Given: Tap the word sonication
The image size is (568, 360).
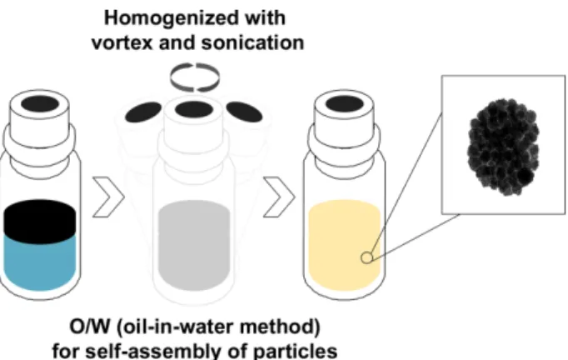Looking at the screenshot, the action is pos(253,42).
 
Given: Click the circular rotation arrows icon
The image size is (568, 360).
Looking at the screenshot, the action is pos(195,77).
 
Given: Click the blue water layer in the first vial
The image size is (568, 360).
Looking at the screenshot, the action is pos(40,262).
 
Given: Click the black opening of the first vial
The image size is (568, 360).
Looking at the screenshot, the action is pos(40,104).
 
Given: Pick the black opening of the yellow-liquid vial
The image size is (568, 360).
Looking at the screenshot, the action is pos(345,104).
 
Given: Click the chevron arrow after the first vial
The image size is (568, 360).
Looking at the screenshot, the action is pos(108,197).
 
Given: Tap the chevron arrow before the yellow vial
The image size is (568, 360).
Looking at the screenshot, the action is pos(279,197).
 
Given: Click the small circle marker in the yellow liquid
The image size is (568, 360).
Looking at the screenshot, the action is pos(367,257).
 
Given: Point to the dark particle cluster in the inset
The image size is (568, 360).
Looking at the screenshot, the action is pos(504,147).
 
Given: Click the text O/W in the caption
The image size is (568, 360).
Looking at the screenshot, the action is pos(89,327).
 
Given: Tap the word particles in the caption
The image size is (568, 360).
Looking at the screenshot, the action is pos(299,351).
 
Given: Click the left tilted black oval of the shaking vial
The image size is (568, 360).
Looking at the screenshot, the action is pos(143,112).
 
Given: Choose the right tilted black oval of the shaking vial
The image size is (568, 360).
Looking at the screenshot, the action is pos(245,112).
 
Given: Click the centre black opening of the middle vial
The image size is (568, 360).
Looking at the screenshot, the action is pos(194,109).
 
